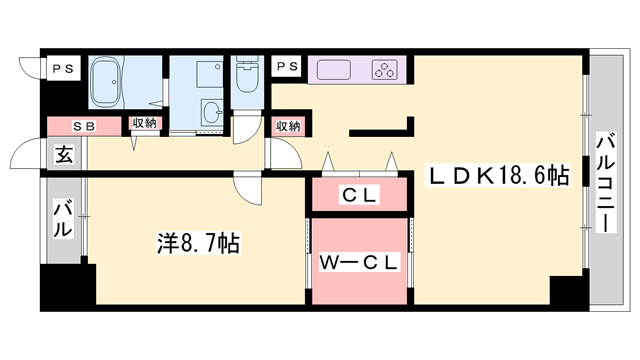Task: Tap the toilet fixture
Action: [245, 76]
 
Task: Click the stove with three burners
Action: [385, 69]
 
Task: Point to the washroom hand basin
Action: [212, 110]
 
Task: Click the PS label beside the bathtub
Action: [63, 67]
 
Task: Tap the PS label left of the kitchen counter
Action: [288, 67]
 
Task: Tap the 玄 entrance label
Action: [63, 155]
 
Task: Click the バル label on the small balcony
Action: [63, 219]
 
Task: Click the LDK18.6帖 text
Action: [499, 175]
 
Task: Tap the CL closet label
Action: [360, 195]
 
